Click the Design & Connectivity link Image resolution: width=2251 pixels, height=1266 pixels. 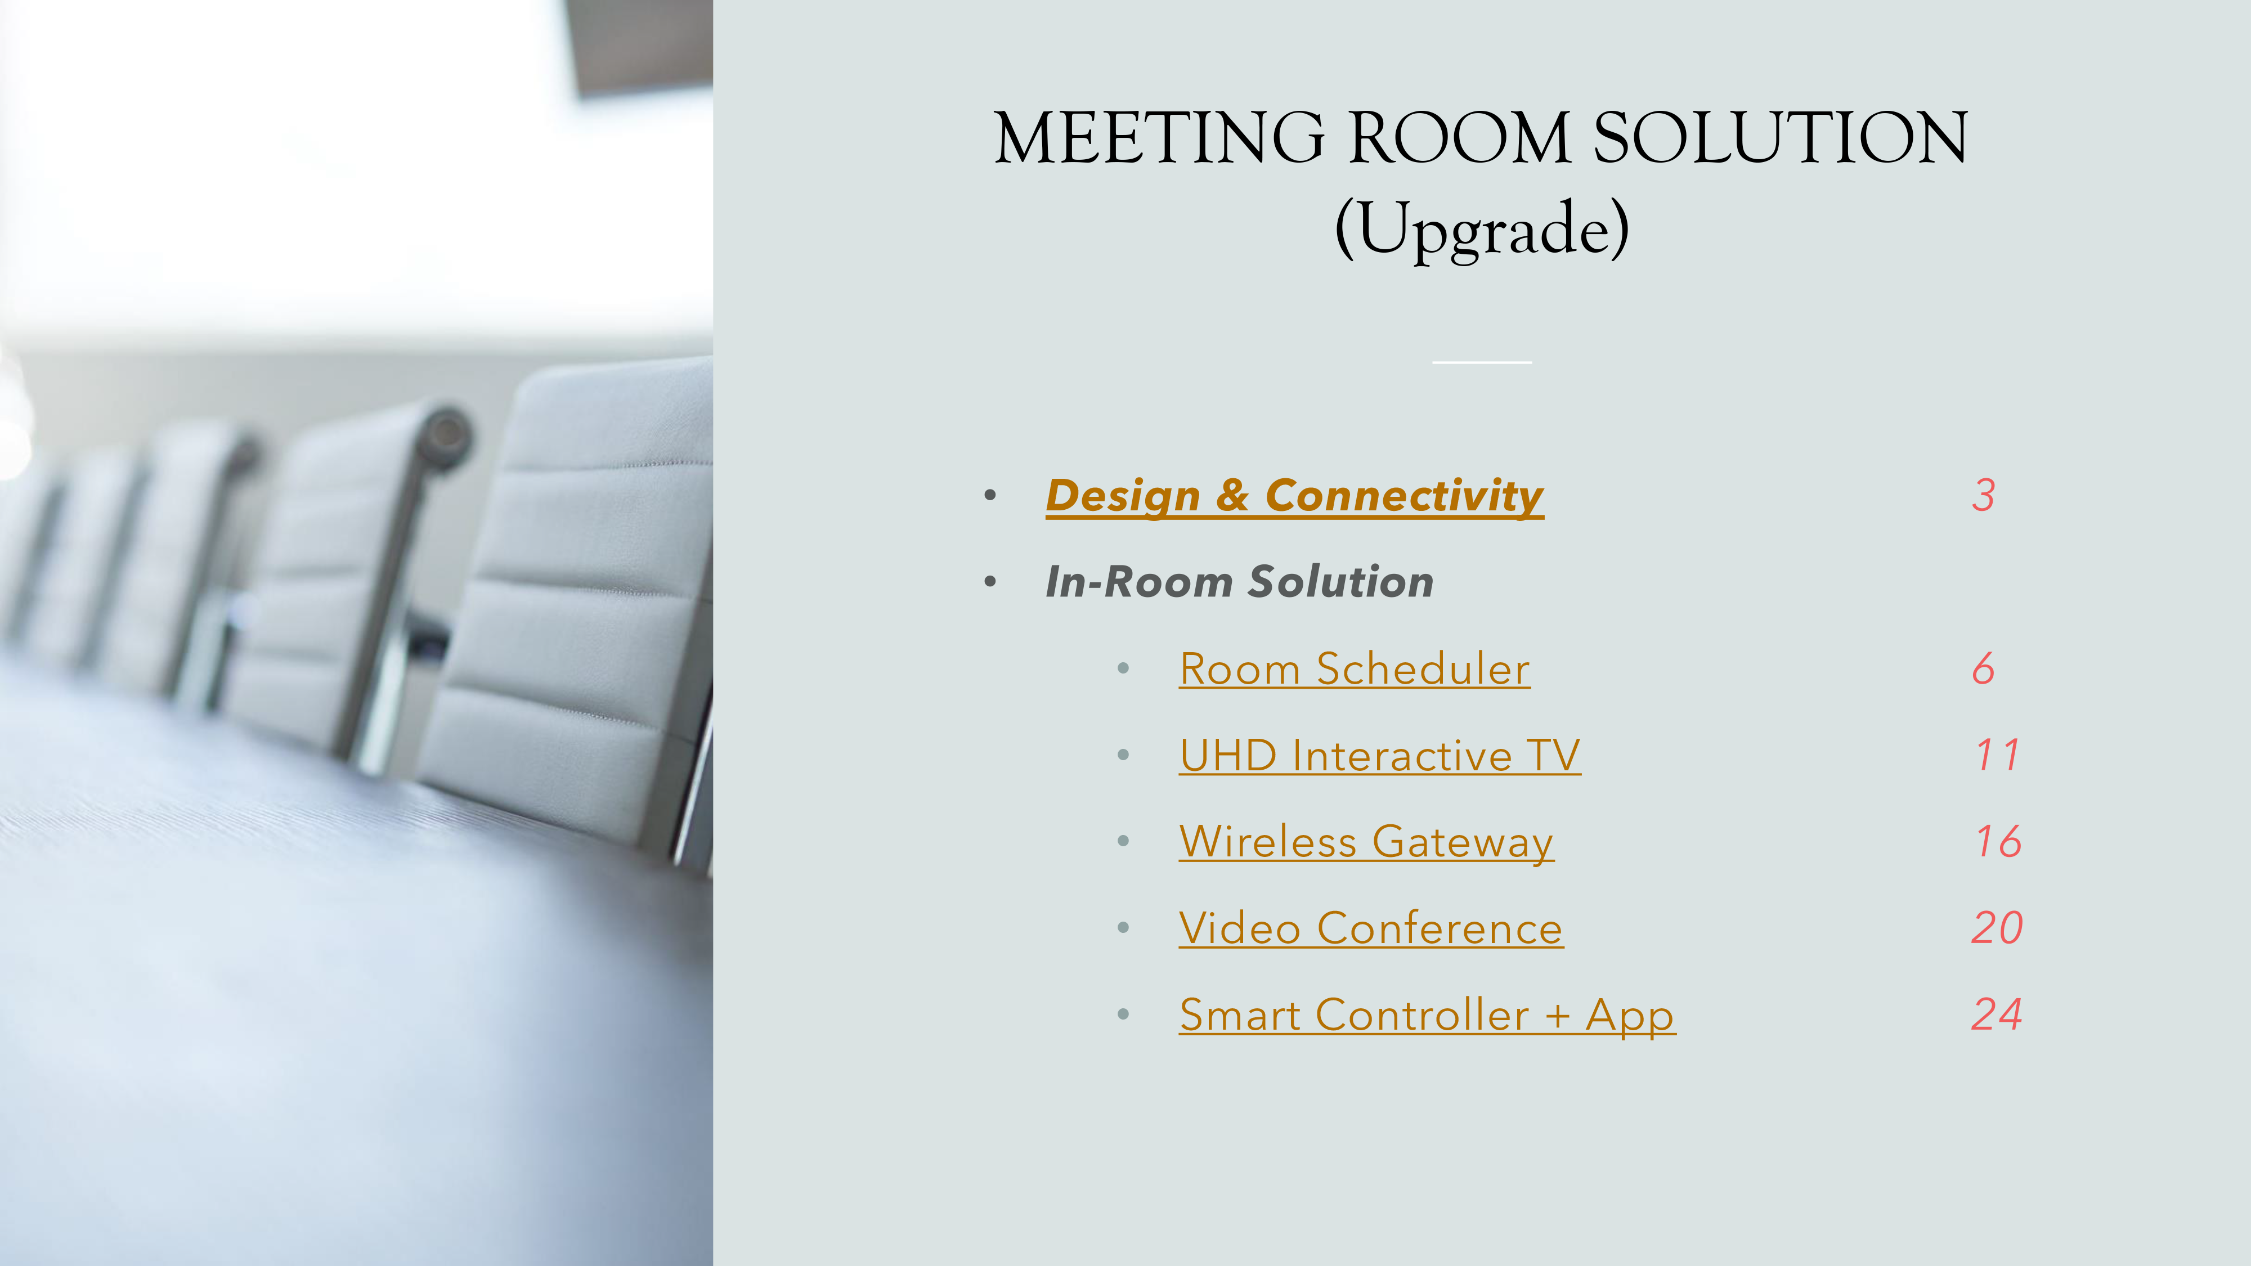tap(1294, 496)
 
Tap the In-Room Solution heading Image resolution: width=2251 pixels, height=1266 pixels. tap(1239, 582)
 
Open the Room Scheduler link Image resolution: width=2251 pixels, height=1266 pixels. tap(1355, 669)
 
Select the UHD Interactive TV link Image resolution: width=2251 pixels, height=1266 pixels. tap(1380, 756)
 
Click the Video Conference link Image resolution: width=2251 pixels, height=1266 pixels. tap(1371, 928)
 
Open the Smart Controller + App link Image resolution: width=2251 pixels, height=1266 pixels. tap(1427, 1015)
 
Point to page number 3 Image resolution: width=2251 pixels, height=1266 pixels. tap(1984, 495)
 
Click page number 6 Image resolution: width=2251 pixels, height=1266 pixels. tap(1984, 668)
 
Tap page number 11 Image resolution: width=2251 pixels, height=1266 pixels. tap(1998, 755)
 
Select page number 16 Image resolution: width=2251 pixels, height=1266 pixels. tap(1998, 841)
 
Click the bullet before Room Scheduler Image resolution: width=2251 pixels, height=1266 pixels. tap(1124, 669)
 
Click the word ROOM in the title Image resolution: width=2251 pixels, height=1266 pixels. tap(1459, 137)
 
